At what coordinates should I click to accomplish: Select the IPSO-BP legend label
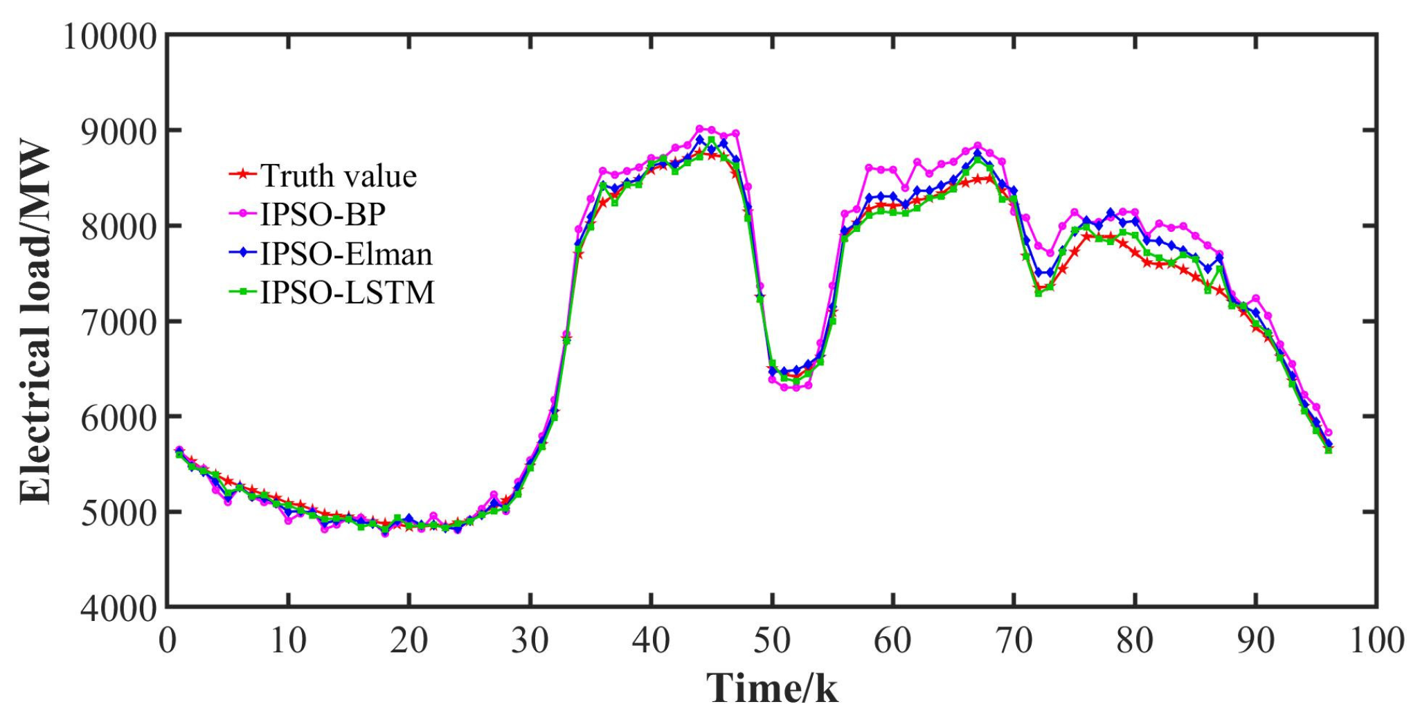tap(323, 215)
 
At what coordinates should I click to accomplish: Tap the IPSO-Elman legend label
tap(346, 254)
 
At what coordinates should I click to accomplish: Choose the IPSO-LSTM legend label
tap(348, 293)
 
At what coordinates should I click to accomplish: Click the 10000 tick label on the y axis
tap(111, 36)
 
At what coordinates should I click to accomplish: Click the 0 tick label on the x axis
tap(167, 640)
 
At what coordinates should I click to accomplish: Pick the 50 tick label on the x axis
tap(772, 640)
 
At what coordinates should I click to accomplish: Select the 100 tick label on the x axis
tap(1376, 640)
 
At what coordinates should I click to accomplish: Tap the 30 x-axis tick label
tap(530, 640)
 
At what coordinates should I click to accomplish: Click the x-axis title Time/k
tap(771, 689)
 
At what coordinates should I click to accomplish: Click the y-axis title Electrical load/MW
tap(36, 322)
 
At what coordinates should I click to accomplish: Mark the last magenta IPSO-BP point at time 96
tap(1328, 433)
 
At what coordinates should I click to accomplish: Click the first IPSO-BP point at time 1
tap(179, 450)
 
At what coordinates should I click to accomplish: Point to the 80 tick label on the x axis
tap(1135, 640)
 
